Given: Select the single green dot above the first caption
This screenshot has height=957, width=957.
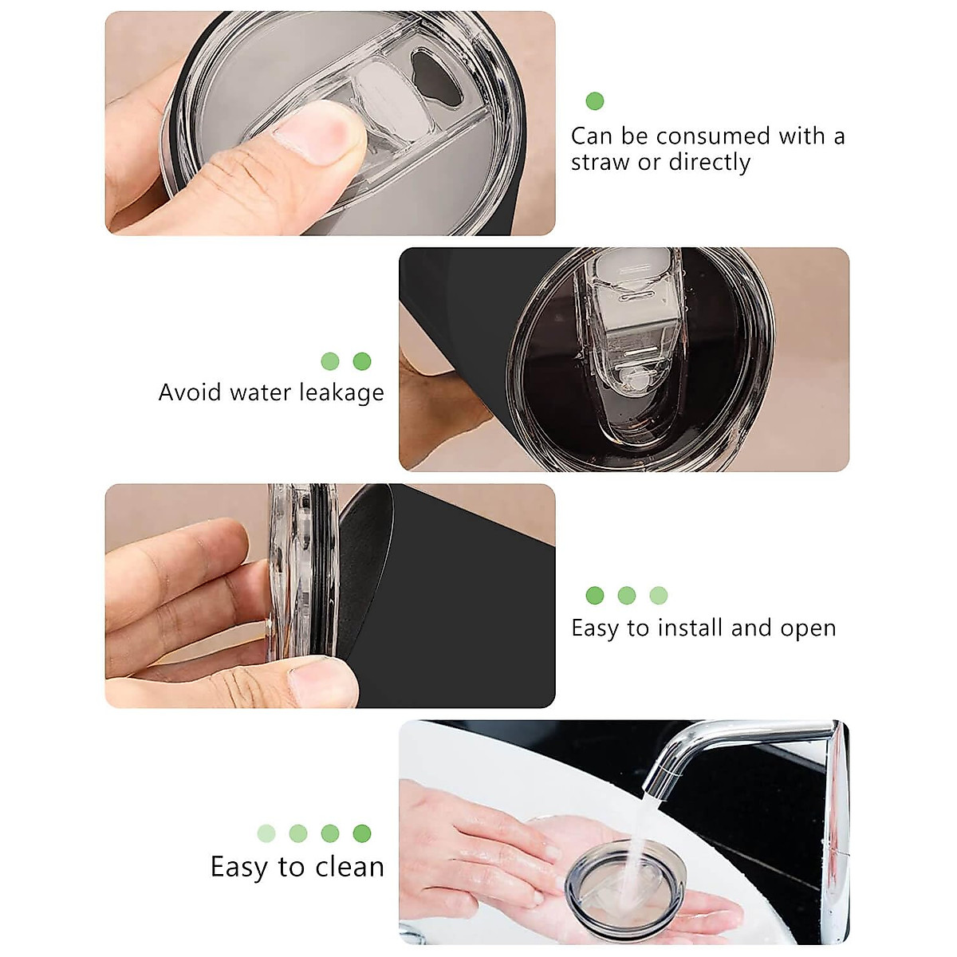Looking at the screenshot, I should (594, 101).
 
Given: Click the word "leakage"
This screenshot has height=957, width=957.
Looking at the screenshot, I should (341, 393).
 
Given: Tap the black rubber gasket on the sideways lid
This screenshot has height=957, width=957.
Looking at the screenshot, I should (325, 574).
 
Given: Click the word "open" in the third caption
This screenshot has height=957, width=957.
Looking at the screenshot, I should (808, 629).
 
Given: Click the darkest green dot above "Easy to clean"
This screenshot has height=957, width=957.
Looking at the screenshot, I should (361, 833).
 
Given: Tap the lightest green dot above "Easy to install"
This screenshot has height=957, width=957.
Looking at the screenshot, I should (658, 595).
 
